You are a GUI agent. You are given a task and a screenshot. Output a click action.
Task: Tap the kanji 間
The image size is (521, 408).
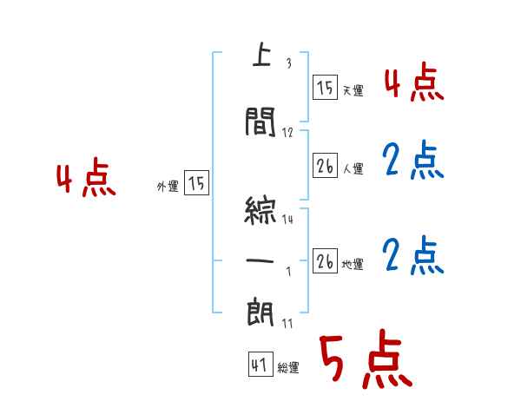(261, 122)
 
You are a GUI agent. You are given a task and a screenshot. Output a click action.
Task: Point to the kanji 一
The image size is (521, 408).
(260, 260)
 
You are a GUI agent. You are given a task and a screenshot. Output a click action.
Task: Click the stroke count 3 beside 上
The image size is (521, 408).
(288, 63)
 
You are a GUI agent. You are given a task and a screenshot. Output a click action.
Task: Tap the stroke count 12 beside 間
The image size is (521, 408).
(288, 132)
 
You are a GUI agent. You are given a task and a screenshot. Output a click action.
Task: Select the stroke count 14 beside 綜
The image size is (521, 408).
(287, 220)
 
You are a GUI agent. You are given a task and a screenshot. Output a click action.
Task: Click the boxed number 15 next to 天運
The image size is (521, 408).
(325, 88)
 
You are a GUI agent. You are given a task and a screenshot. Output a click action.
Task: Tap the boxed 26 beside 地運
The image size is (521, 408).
(325, 261)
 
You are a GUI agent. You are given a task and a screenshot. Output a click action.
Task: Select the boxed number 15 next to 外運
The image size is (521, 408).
(196, 183)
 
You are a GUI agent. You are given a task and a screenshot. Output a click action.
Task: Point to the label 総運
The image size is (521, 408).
(288, 368)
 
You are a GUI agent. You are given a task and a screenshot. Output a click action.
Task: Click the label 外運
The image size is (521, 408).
(168, 185)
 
